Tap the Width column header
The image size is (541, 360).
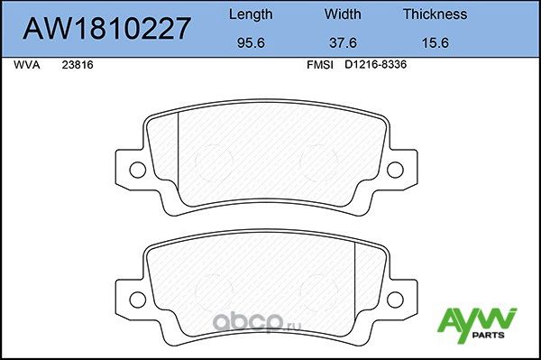coord(342,14)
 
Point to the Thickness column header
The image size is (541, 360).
coord(435,14)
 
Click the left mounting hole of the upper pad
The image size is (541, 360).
coord(137,169)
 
